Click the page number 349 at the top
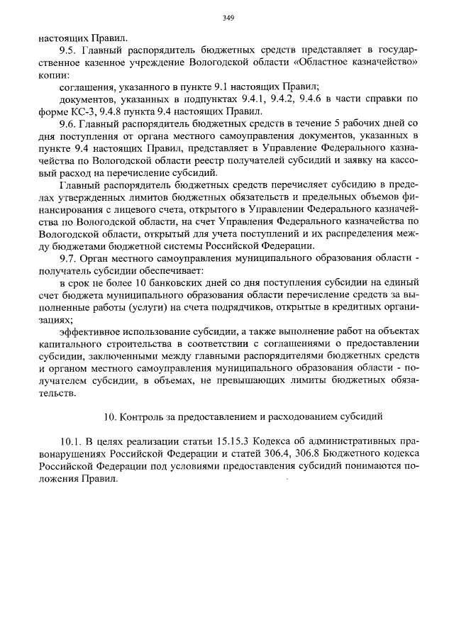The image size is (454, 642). (228, 18)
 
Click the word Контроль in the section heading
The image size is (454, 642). (140, 414)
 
